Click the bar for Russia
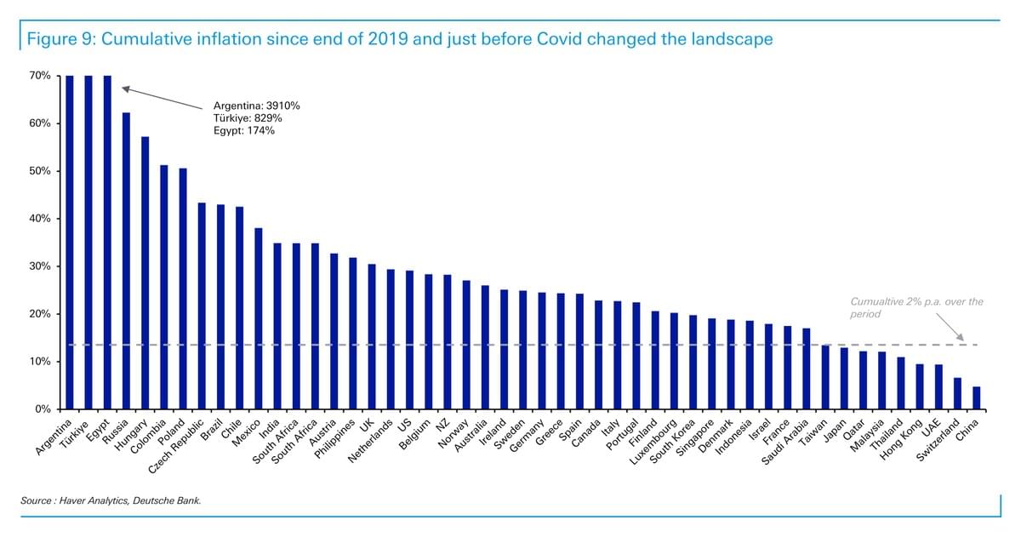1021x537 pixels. [x=126, y=260]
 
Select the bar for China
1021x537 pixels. [x=977, y=398]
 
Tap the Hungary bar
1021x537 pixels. [x=145, y=273]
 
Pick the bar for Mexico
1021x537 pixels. [x=259, y=318]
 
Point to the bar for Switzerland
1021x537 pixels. [x=958, y=393]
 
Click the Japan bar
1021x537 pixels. [x=844, y=379]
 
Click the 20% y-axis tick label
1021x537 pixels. [x=40, y=314]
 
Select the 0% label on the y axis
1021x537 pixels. [x=43, y=409]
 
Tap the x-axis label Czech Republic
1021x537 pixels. [x=176, y=447]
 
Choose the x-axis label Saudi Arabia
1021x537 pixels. [x=784, y=443]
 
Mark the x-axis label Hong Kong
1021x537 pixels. [x=901, y=439]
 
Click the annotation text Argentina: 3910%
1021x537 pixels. [x=257, y=106]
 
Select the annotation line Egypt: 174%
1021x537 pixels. [x=244, y=131]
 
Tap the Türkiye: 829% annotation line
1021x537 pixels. [x=248, y=118]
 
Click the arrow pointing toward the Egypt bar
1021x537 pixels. [x=163, y=98]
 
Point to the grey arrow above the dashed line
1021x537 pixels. [x=950, y=327]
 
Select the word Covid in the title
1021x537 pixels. [x=559, y=39]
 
